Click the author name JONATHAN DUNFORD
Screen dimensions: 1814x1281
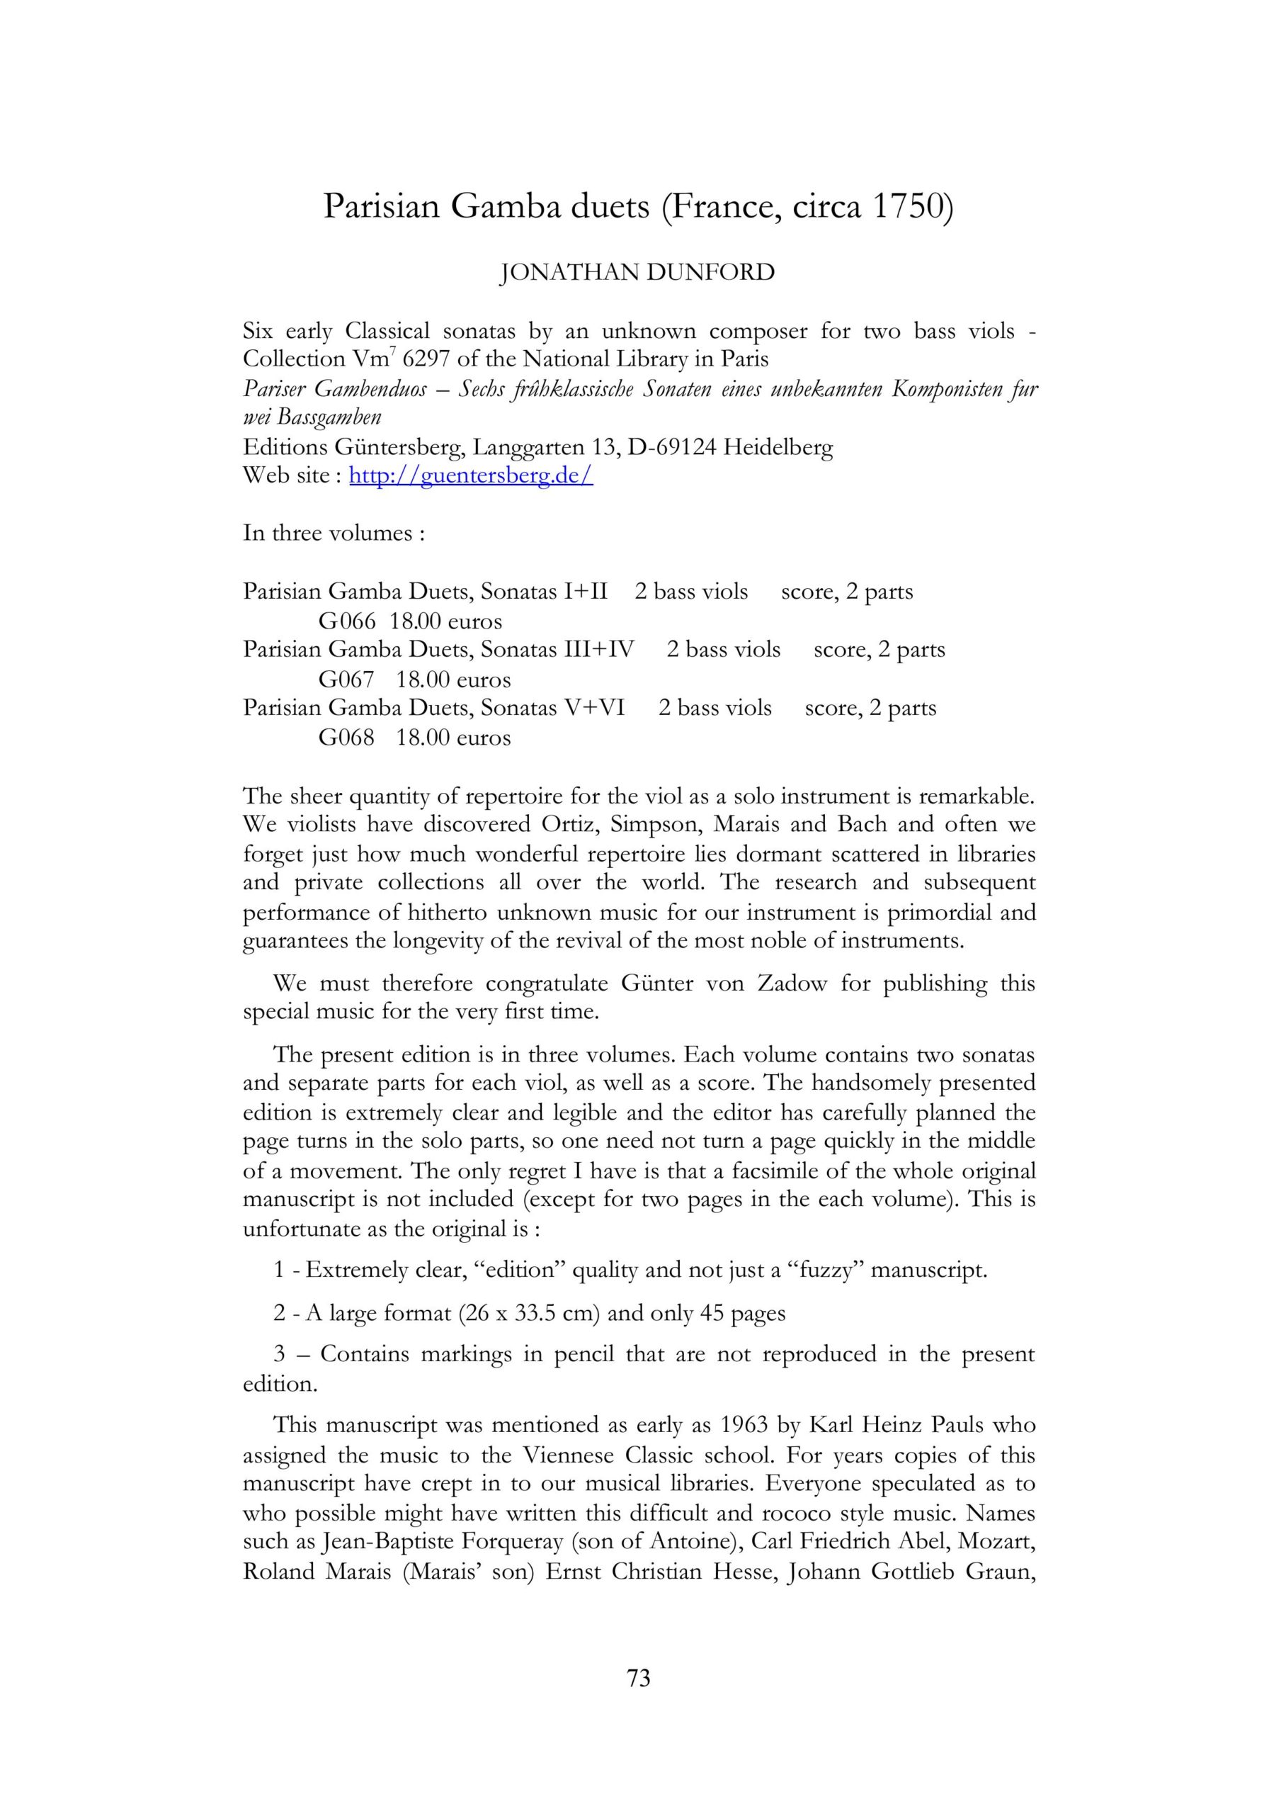pos(638,273)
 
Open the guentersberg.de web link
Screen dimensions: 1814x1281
pos(471,475)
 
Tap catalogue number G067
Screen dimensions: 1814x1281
pos(346,680)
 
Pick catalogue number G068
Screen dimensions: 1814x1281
pos(346,738)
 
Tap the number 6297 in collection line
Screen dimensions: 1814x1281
pos(426,359)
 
